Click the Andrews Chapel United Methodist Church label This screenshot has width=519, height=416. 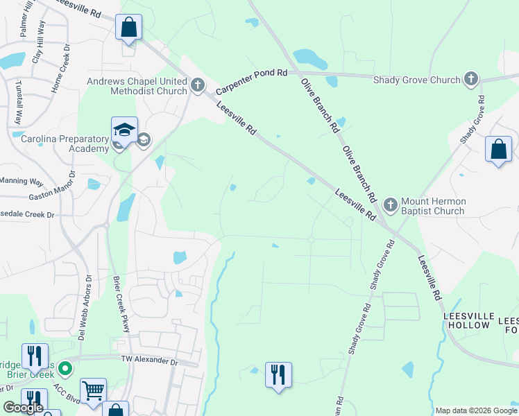click(x=137, y=86)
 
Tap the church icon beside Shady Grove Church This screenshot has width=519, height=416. click(x=471, y=79)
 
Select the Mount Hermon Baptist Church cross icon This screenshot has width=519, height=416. click(x=390, y=205)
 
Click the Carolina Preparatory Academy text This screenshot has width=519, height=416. click(x=65, y=144)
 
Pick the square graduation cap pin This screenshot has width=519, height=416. click(x=124, y=130)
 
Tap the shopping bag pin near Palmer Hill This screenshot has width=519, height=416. click(x=128, y=28)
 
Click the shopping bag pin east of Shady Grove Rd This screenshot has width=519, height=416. click(x=497, y=149)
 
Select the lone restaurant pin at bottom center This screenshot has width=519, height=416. click(x=278, y=375)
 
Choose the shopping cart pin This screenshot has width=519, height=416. click(x=93, y=390)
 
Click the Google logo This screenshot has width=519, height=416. click(x=23, y=408)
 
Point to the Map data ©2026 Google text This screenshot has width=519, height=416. click(x=475, y=410)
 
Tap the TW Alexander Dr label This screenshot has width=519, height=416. click(x=149, y=361)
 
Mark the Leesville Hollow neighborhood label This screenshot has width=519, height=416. click(x=468, y=320)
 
